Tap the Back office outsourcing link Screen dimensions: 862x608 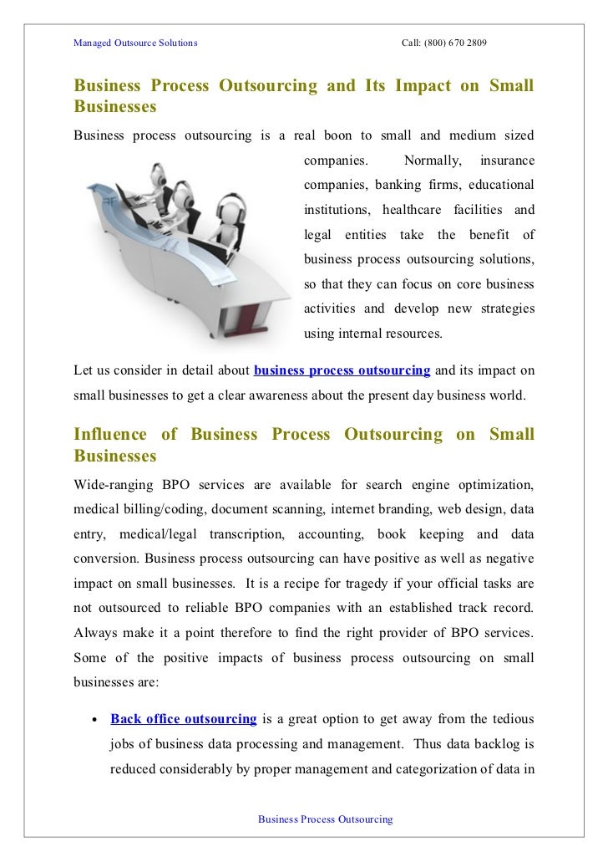tap(183, 718)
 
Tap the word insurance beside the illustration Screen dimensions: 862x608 tap(508, 159)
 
